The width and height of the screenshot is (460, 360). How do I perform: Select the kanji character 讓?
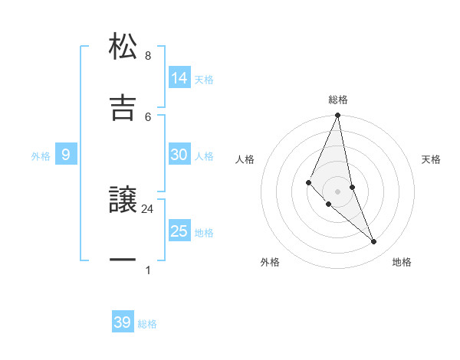123,201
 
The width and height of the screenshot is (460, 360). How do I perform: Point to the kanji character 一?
123,260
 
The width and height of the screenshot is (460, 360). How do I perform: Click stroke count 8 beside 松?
148,56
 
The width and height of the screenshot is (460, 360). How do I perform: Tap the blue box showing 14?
179,77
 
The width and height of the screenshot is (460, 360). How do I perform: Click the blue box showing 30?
179,155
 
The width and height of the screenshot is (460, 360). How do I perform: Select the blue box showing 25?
179,231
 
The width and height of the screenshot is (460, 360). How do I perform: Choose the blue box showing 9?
66,155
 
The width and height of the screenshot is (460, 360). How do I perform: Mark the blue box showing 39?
122,322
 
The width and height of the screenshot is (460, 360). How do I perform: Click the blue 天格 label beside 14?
204,79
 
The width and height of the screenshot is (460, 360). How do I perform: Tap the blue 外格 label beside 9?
41,156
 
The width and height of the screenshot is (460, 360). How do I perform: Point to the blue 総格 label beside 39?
147,324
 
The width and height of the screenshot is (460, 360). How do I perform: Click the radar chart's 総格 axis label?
338,100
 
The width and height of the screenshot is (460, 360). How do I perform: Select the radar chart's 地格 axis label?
402,262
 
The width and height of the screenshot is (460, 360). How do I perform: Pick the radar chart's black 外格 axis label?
270,262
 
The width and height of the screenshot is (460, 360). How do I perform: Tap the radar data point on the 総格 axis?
337,116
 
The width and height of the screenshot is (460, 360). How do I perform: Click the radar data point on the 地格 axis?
374,242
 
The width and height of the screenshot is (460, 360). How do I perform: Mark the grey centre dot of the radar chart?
337,191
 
